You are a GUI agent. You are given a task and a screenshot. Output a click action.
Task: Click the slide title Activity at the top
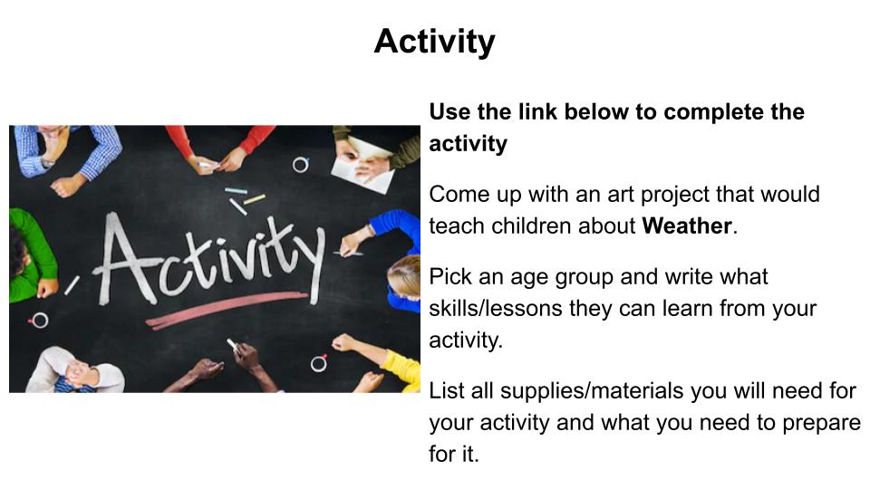pos(434,42)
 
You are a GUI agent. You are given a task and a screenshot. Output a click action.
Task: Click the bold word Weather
pos(687,225)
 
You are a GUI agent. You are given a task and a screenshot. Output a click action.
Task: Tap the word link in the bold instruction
pos(537,111)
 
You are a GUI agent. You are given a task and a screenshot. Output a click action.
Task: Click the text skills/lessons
pos(496,308)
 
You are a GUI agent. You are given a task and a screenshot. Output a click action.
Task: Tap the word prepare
pos(821,424)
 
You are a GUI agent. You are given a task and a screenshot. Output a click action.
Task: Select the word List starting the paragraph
pos(447,390)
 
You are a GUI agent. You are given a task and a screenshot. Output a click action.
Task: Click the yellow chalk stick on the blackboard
pos(255,199)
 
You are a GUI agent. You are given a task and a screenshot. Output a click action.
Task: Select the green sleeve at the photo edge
pos(31,255)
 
